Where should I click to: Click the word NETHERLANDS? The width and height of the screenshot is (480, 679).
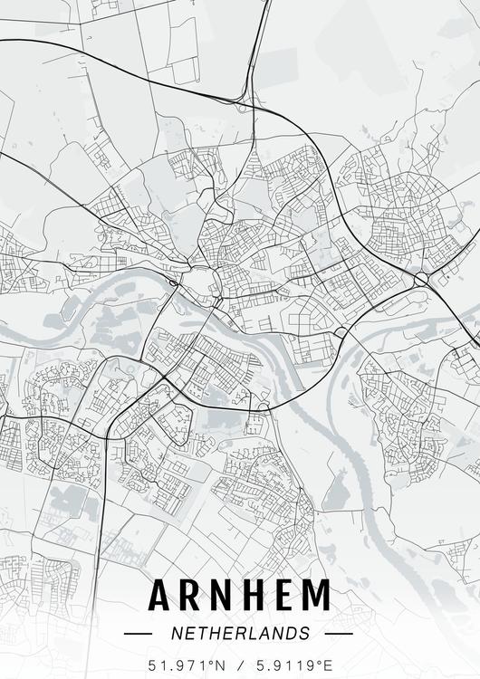coord(239,633)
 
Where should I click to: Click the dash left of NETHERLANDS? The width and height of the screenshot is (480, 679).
coord(138,634)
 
